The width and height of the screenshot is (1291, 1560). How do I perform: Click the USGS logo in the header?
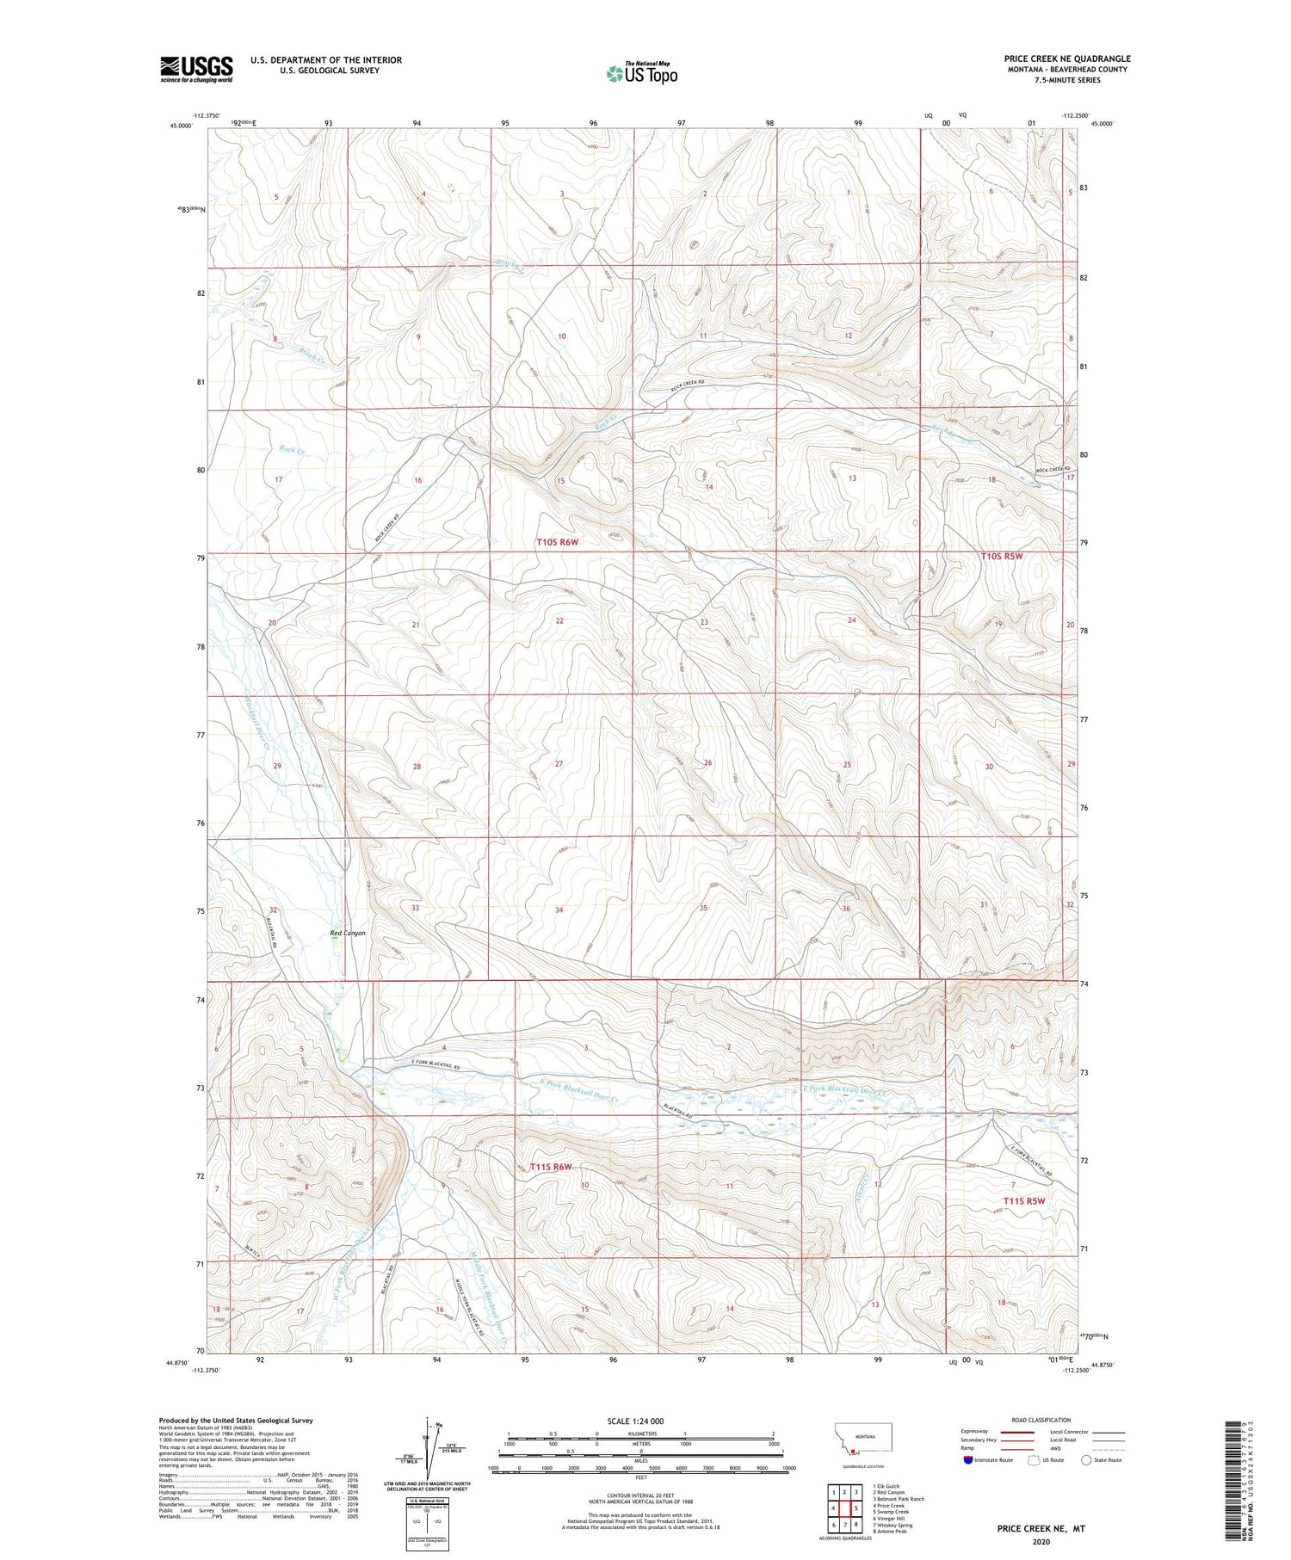(196, 69)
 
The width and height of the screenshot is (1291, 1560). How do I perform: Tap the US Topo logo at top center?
(641, 73)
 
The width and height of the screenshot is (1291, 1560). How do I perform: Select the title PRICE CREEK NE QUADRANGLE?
(1067, 59)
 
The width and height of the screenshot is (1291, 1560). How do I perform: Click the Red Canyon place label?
(348, 933)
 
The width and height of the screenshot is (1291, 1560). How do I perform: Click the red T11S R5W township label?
(1023, 1200)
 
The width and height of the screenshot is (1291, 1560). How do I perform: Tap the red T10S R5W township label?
(1002, 556)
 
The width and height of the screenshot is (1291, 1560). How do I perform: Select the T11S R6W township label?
(544, 1167)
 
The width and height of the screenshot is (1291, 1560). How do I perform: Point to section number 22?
(559, 620)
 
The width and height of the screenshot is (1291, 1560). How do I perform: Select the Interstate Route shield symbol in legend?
(968, 1460)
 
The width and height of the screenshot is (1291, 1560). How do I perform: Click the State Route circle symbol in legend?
(1086, 1460)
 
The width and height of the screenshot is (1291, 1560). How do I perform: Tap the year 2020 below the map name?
(1041, 1541)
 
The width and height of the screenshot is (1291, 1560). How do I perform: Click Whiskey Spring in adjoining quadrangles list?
(892, 1525)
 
